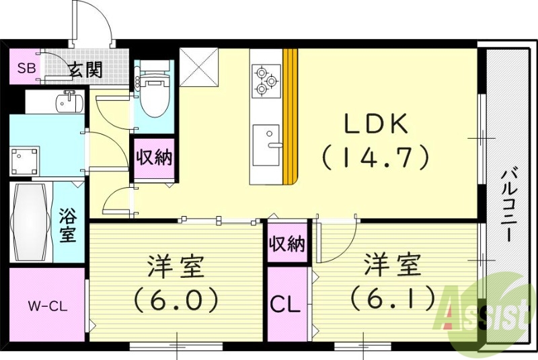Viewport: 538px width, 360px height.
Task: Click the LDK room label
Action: coord(376,124)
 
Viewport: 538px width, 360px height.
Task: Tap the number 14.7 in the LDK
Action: coord(375,157)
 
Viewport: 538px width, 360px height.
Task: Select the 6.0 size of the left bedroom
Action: coord(176,298)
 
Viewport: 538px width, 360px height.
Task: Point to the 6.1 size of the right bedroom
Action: coord(392,297)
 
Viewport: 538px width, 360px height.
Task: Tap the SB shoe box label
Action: coord(26,68)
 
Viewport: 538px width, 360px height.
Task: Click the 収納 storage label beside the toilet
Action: coord(155,158)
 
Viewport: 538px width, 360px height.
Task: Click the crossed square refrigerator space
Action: coord(198,67)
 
